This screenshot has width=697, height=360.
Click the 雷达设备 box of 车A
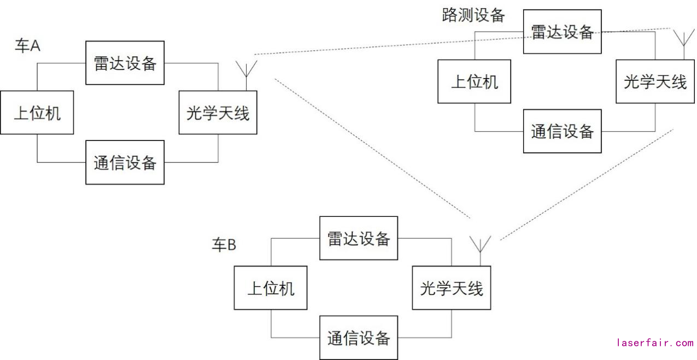coord(125,63)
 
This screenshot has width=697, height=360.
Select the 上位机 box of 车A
coord(37,113)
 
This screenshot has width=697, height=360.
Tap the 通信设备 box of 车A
coord(125,162)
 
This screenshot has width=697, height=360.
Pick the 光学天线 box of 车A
coord(218,113)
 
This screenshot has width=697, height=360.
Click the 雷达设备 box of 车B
coord(359,238)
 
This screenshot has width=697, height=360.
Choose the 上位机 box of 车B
coord(271,288)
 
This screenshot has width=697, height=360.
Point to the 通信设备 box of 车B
coord(359,338)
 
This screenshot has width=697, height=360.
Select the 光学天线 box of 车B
coord(452,288)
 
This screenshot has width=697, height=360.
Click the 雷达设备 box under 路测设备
coord(562,32)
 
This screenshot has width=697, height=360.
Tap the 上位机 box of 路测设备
coord(474,81)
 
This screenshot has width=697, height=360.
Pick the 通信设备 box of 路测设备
coord(562,131)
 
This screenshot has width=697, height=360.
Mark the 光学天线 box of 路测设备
coord(655,81)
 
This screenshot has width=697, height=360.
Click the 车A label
coord(27,46)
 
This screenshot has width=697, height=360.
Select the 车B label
coord(224,245)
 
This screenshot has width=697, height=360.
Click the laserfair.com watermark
coord(654,343)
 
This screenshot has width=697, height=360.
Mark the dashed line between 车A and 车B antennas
coord(372,148)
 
